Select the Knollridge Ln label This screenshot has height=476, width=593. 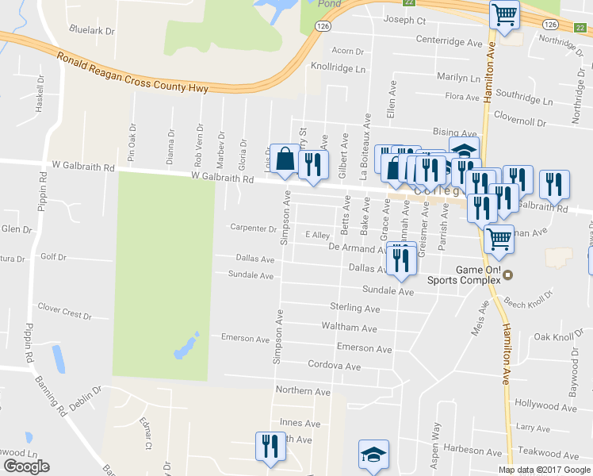coord(339,68)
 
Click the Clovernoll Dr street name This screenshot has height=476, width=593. coord(520,123)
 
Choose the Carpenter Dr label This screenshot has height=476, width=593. coord(253,228)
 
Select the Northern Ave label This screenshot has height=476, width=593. coord(302,391)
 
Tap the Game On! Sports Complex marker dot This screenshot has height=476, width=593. coord(508,274)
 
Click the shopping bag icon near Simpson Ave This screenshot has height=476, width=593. coord(285,159)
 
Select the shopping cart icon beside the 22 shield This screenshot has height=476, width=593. coord(505,13)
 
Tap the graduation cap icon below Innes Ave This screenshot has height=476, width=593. coord(373,455)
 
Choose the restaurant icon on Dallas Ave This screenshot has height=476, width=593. coord(402,259)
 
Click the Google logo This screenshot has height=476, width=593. coord(26,467)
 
